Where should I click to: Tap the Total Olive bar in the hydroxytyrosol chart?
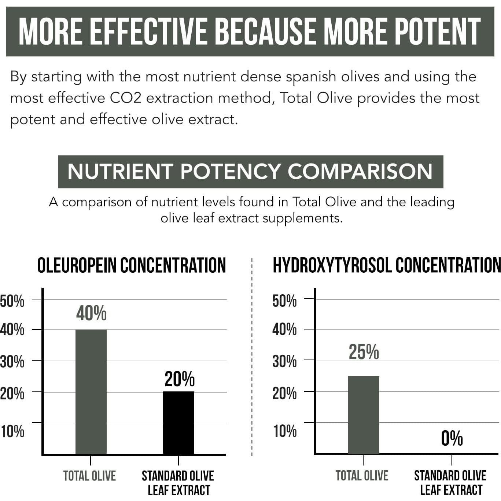[364, 415]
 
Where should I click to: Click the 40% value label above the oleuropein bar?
[91, 313]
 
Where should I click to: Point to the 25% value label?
[364, 352]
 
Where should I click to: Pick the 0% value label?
[452, 438]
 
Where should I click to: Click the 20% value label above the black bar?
[179, 379]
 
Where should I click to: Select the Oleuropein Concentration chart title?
[132, 265]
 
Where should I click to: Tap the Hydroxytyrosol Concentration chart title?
[386, 265]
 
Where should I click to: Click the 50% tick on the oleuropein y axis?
[12, 301]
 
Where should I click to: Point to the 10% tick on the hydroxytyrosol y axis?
[285, 431]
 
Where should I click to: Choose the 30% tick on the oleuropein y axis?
[12, 362]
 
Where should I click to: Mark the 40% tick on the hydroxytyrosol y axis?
[284, 330]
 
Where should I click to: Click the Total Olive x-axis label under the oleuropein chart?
[89, 476]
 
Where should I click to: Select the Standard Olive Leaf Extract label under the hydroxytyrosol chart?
[450, 483]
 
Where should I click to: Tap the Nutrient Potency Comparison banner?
[250, 172]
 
